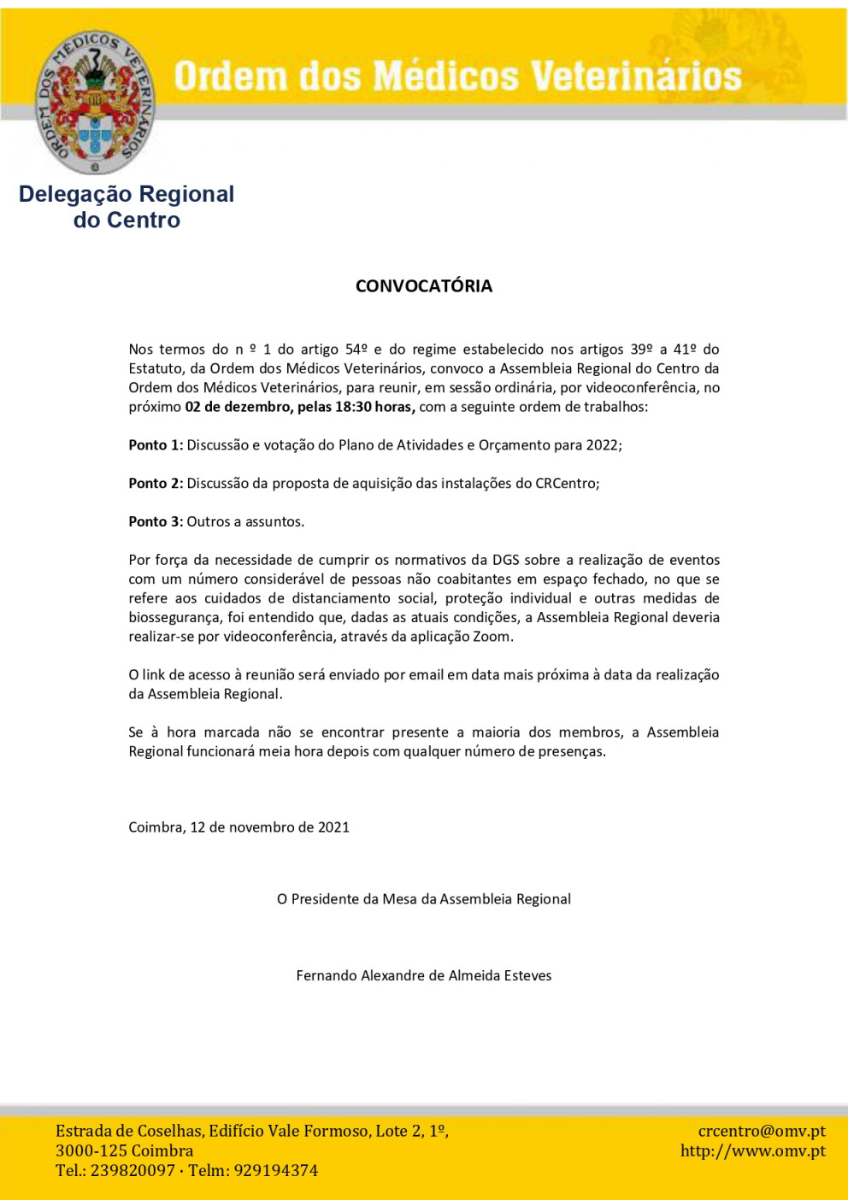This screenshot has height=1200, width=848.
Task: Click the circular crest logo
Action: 95,102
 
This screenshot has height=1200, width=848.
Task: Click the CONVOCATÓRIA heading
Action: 424,285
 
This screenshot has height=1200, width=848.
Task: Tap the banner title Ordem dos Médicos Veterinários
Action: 457,76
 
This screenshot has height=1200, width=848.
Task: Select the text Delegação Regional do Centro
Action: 127,207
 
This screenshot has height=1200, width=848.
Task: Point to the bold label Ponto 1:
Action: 156,444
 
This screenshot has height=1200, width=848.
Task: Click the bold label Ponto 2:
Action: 156,483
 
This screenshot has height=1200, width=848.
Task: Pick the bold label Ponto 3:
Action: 156,521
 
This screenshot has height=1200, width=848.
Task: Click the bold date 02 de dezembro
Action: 238,407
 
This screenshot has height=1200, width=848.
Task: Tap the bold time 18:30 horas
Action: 374,407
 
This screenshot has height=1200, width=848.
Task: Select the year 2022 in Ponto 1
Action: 602,444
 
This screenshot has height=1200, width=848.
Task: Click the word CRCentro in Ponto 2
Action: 565,483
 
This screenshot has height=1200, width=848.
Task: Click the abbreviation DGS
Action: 505,560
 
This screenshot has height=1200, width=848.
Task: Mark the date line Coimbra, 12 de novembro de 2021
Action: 238,826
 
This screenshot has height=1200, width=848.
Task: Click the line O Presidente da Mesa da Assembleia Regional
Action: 424,898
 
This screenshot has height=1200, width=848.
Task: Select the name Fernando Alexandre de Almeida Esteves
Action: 424,975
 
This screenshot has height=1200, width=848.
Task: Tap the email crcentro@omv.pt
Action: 762,1131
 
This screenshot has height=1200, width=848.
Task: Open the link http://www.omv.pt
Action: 752,1150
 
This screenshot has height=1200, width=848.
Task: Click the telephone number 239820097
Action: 132,1170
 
